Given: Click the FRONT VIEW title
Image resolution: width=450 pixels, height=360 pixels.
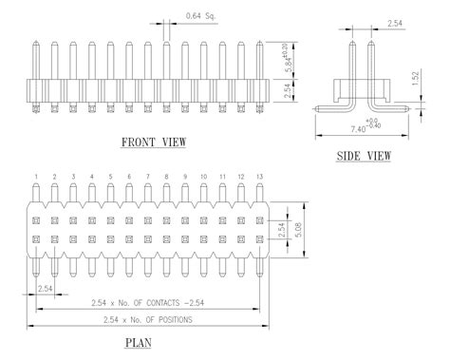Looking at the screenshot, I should (153, 142).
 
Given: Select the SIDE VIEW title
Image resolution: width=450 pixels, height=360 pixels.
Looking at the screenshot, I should (364, 155).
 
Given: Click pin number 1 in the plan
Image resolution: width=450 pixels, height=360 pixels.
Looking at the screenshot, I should (36, 178).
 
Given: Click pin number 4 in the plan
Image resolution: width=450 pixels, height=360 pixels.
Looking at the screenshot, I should (91, 178).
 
